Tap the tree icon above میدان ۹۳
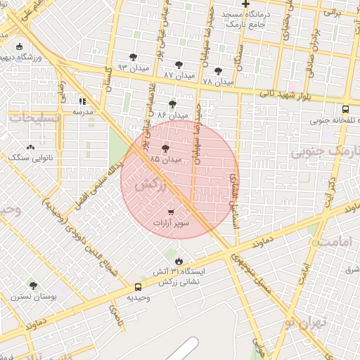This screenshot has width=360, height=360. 134,57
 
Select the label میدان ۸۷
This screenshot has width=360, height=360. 179,74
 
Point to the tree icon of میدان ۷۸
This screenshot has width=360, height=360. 218,70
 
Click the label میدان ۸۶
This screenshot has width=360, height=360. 173,114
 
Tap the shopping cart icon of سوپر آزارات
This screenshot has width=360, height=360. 172,212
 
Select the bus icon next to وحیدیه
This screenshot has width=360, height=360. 138,287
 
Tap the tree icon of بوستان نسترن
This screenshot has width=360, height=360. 33,285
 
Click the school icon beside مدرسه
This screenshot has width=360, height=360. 83,100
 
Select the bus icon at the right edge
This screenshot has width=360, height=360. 345,109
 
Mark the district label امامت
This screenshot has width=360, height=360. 330,241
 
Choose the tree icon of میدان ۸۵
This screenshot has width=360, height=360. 166,149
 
